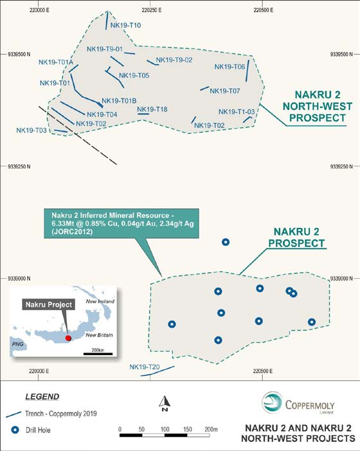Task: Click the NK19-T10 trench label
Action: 126,25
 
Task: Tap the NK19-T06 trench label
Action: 230,67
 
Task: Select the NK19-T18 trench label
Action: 152,109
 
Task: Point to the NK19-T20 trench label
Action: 144,367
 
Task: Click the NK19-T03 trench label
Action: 32,131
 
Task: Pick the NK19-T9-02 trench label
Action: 174,60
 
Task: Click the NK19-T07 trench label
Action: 224,91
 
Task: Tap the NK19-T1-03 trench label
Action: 237,111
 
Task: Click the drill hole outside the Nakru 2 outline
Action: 226,242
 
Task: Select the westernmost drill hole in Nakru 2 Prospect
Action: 172,324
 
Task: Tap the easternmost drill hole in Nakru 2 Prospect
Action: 312,322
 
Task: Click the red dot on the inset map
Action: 68,338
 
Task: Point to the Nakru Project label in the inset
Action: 49,304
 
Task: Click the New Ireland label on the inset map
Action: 100,301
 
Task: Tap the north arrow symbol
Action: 165,403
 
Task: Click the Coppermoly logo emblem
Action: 272,402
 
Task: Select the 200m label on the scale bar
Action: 211,429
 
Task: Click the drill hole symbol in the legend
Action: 15,430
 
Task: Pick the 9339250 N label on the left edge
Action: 19,167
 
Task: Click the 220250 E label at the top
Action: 152,10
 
